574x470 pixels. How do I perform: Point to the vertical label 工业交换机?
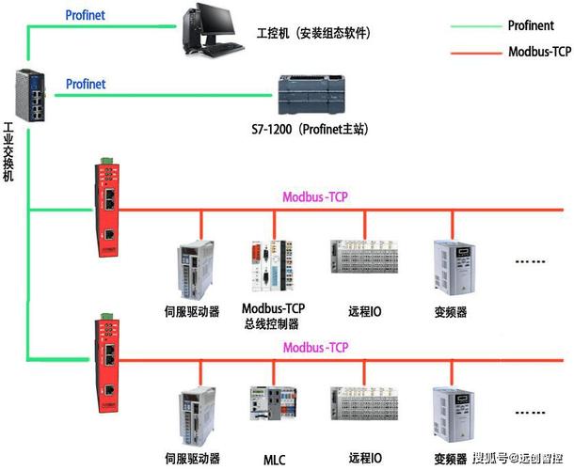click(x=9, y=156)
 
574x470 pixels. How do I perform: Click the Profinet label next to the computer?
click(x=86, y=15)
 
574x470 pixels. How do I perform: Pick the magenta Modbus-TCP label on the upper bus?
click(x=315, y=197)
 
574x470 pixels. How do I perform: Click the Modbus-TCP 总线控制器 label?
click(x=279, y=316)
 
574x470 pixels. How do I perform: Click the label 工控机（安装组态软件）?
click(x=313, y=33)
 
